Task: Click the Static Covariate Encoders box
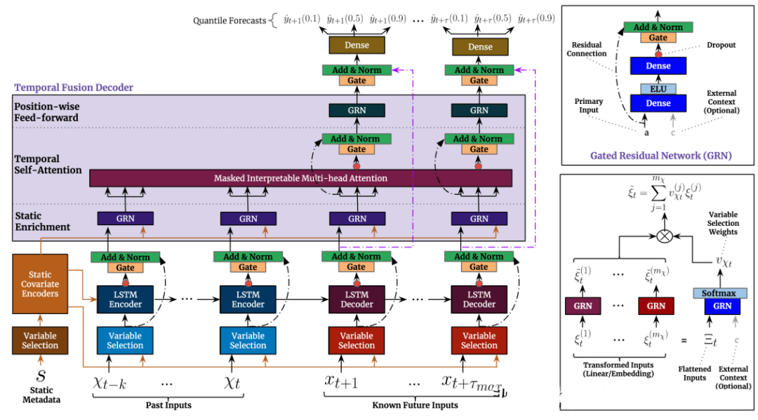click(x=40, y=284)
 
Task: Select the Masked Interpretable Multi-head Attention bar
click(x=300, y=178)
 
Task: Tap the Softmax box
click(x=719, y=293)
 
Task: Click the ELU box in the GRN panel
click(x=658, y=89)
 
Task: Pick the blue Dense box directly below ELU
click(x=658, y=103)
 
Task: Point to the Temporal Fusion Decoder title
click(x=74, y=88)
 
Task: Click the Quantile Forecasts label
click(x=230, y=21)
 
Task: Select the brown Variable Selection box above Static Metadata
click(x=40, y=340)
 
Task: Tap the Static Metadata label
click(x=41, y=395)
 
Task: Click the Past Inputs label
click(x=168, y=405)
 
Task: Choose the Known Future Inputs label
click(x=415, y=405)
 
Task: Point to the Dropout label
click(x=722, y=45)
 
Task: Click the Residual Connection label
click(x=586, y=49)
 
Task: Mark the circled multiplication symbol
click(x=665, y=236)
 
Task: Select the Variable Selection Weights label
click(x=723, y=223)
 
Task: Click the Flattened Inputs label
click(x=694, y=373)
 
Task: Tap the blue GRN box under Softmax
click(x=722, y=306)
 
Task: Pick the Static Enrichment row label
click(x=43, y=222)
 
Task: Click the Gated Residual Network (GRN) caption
click(x=661, y=156)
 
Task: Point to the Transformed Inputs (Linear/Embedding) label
click(x=618, y=370)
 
